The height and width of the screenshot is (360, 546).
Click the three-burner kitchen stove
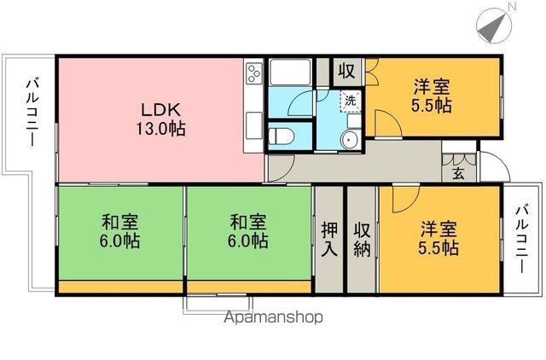(x=254, y=75)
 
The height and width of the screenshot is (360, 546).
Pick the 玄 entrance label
(x=458, y=174)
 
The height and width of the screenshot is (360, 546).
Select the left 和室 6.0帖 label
(x=120, y=232)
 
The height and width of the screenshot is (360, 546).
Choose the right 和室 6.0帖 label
(x=248, y=232)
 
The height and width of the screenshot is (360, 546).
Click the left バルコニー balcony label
(x=31, y=112)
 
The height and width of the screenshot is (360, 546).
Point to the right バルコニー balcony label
(x=522, y=238)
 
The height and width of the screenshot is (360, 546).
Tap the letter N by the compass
(x=512, y=8)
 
